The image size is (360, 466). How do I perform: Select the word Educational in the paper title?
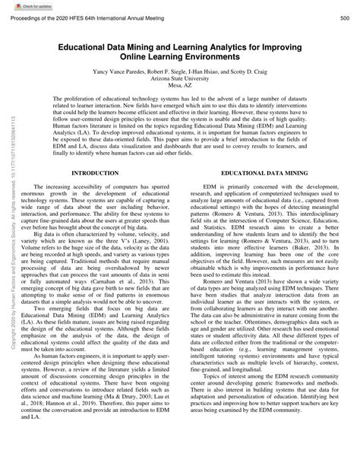coord(85,46)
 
